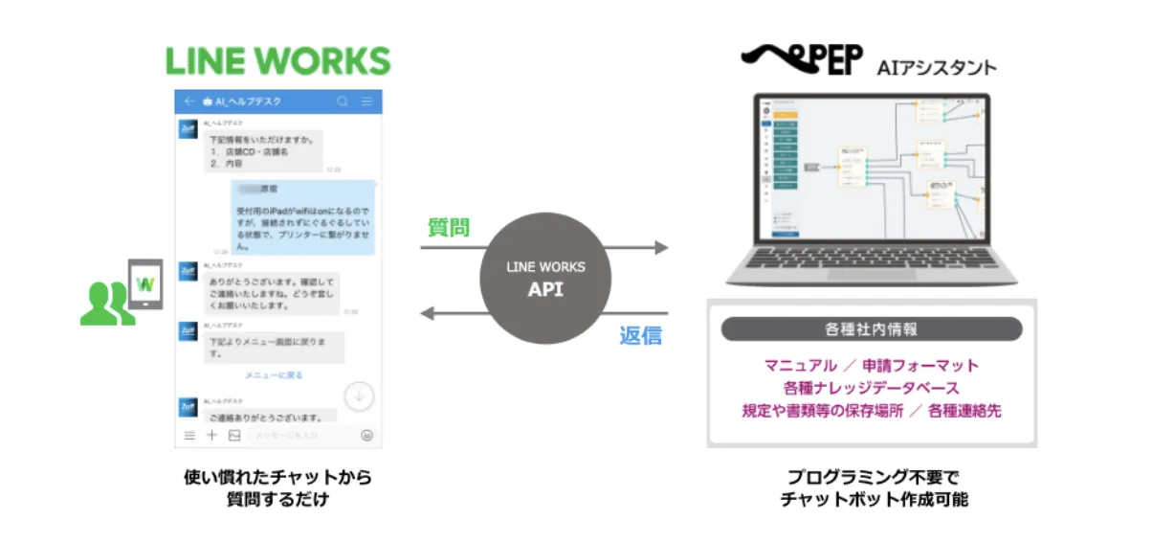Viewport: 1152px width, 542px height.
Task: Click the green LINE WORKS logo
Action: click(x=278, y=60)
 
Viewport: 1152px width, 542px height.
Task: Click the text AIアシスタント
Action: click(x=937, y=67)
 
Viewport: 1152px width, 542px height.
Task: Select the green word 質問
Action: click(x=448, y=228)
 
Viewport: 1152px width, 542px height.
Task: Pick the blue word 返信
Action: click(x=640, y=335)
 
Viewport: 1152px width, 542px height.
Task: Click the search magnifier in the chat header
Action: click(x=343, y=101)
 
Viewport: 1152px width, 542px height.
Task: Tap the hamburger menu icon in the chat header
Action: click(x=367, y=101)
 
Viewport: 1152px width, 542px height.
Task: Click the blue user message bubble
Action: click(x=302, y=217)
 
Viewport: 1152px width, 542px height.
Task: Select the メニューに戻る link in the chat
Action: click(x=274, y=375)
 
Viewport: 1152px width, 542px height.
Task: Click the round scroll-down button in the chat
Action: click(x=359, y=395)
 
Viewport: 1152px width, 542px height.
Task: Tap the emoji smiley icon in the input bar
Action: click(x=367, y=436)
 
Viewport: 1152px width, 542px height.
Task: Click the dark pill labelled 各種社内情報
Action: click(x=871, y=329)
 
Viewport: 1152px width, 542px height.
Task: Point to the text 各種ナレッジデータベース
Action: click(x=871, y=388)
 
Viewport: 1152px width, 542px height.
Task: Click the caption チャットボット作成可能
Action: click(x=874, y=499)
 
